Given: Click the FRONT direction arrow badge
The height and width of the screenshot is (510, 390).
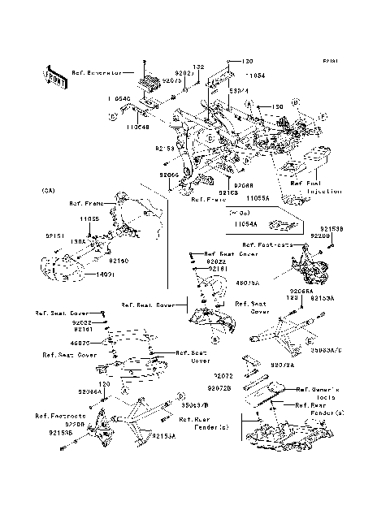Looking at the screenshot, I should (55, 76).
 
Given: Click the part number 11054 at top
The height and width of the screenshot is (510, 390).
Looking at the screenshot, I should (256, 73).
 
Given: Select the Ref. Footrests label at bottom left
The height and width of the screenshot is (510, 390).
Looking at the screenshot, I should (55, 416).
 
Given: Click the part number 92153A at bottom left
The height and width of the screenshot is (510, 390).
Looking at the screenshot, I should (162, 438).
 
